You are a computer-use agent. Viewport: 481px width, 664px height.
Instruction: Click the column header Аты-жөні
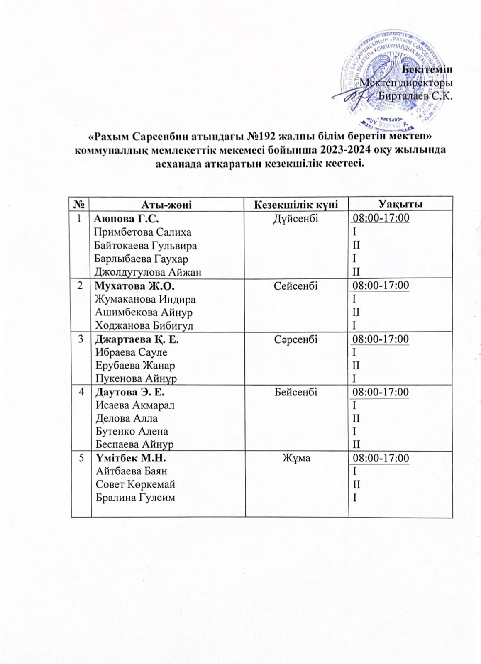(x=166, y=204)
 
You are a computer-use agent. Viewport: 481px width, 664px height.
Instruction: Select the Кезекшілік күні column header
(x=296, y=204)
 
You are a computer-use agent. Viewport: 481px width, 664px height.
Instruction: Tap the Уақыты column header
(x=400, y=204)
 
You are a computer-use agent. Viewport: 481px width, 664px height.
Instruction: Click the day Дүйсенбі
(x=296, y=218)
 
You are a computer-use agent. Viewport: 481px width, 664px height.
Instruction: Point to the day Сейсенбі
(x=296, y=286)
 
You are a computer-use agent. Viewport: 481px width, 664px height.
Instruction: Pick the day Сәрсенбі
(x=296, y=339)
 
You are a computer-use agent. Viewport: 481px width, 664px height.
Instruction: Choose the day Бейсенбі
(x=296, y=392)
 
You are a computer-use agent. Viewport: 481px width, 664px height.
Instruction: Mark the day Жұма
(x=296, y=458)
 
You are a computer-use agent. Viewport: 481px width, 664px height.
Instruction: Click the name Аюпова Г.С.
(x=127, y=218)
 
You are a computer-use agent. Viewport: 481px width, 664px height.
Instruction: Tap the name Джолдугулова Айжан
(x=148, y=272)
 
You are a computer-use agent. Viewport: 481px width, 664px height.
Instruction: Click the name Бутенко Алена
(x=132, y=431)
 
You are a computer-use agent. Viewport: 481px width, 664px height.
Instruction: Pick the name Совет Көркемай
(x=135, y=484)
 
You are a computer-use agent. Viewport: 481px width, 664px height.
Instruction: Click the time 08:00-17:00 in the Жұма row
(x=381, y=458)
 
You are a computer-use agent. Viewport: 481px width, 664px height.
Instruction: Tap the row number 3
(x=81, y=339)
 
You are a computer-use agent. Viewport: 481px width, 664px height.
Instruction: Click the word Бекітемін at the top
(x=430, y=69)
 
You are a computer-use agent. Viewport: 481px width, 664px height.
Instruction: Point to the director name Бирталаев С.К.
(x=416, y=96)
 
